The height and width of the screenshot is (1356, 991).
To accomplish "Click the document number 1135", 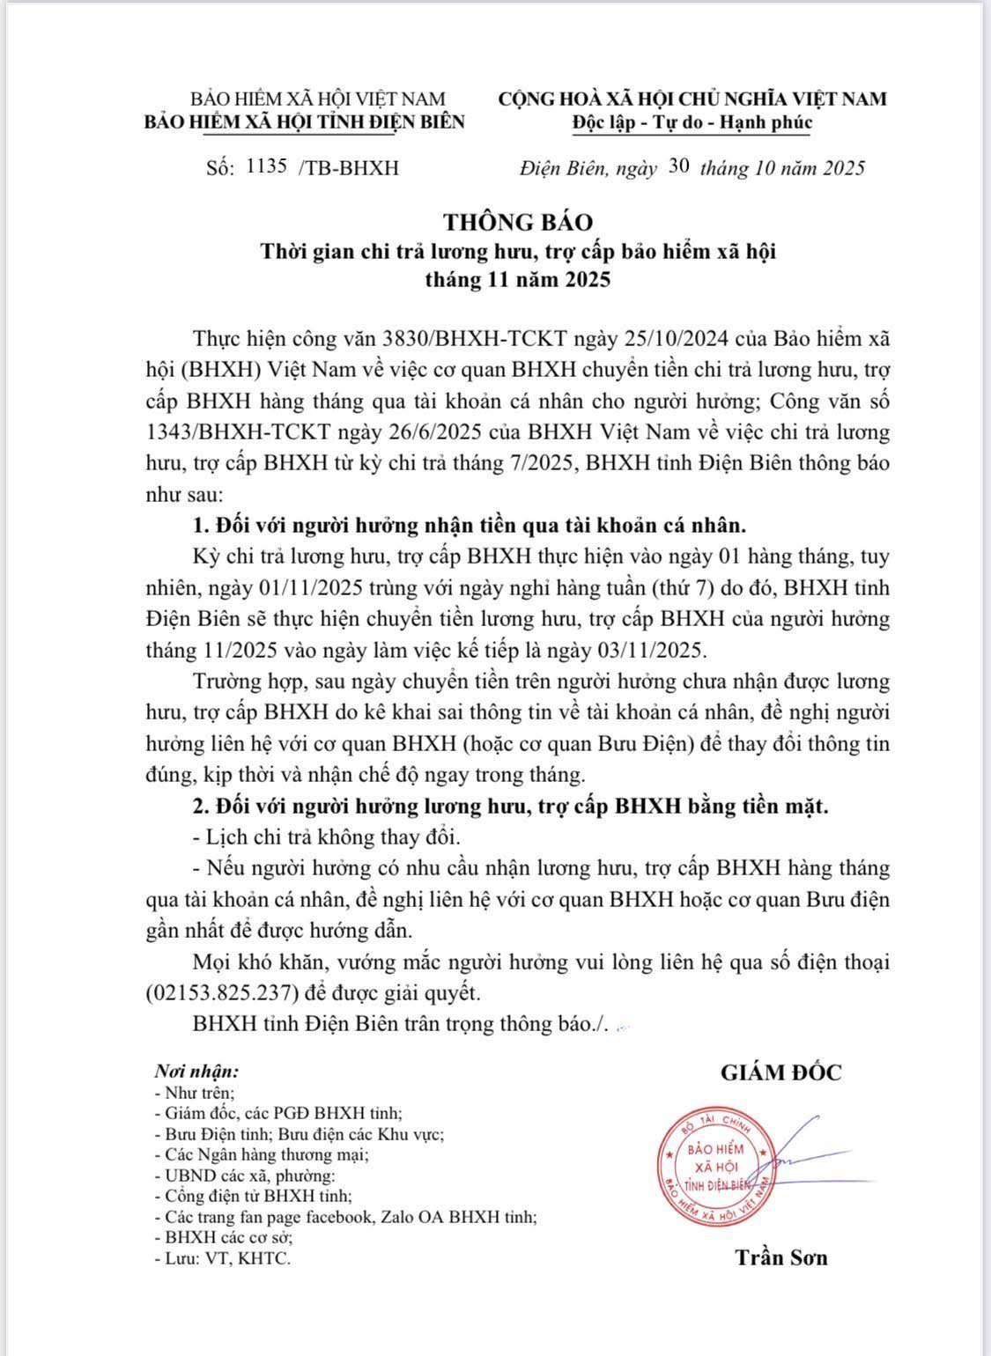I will point(268,166).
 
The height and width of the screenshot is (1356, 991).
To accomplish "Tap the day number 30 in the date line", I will point(678,166).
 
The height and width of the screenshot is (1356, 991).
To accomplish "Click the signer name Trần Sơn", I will point(781,1257).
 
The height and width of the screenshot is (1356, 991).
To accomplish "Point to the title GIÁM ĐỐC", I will point(780,1072).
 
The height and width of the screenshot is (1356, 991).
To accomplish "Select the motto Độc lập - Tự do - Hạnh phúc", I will point(691,122).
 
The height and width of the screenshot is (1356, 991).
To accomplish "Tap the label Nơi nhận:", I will point(196,1072).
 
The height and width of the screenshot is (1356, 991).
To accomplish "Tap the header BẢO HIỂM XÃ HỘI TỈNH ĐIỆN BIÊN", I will point(305,122).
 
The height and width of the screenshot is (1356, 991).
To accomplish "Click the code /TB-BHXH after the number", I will point(349,167).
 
